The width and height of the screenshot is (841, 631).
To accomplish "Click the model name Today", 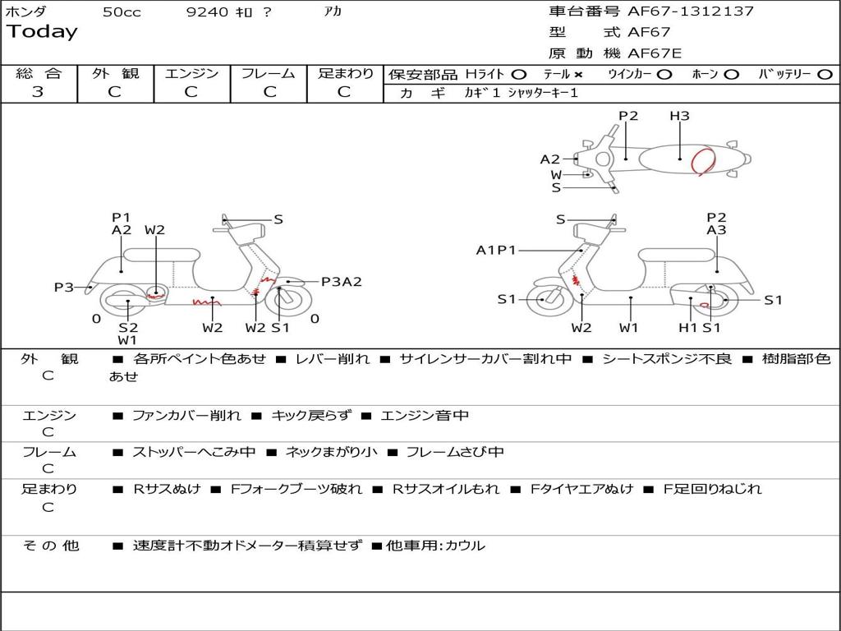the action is [42, 32].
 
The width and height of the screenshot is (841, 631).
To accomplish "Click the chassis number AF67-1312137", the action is [691, 12].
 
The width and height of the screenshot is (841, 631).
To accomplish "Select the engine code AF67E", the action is [655, 53].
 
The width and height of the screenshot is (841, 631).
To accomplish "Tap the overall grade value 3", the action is [38, 92].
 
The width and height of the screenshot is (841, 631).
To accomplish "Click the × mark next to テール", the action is [578, 75].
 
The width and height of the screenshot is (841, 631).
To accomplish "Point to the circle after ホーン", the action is [731, 75].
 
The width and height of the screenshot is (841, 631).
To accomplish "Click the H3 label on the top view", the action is [679, 115].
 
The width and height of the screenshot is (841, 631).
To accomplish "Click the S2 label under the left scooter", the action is [128, 327].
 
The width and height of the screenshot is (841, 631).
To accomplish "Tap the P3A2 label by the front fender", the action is [342, 282].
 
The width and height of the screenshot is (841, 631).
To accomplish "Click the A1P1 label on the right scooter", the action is [496, 250].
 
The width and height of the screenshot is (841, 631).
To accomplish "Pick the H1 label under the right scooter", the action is [688, 327].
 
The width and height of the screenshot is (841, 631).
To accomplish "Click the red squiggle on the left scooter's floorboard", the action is [206, 303].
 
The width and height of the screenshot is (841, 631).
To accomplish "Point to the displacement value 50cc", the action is [122, 12].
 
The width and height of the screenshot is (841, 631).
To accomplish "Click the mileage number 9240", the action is [207, 12].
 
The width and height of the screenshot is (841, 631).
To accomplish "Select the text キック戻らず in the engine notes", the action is [311, 415].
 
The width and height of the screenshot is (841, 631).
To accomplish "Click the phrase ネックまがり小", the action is [332, 452].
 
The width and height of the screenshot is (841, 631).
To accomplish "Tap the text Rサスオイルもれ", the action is [446, 489].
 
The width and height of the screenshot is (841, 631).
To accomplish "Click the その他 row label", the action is [51, 546].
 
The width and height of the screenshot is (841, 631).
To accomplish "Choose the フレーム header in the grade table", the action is [269, 73].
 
